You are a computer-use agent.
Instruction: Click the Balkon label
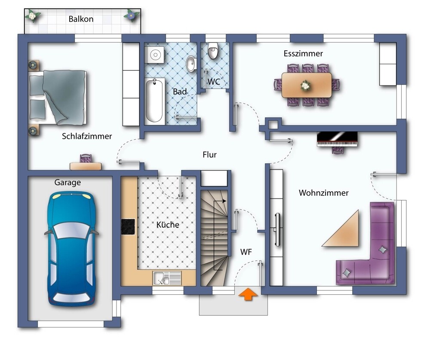coord(81,19)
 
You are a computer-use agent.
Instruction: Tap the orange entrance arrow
coord(248,294)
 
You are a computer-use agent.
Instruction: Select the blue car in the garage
coord(71,248)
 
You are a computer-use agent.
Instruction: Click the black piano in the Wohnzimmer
coord(337,139)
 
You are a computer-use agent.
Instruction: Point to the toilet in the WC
coord(212,50)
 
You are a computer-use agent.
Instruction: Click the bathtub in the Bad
coord(154,101)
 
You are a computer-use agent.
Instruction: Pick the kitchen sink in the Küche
coord(167,278)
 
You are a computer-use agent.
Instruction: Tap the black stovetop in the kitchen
coord(128,226)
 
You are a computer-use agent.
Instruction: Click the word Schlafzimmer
coord(87,136)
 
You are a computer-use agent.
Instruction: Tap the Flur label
coord(209,155)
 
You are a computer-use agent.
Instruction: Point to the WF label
coord(246,252)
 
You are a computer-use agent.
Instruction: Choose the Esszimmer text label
coord(303,53)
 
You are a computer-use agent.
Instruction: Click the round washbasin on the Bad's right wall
coord(191,64)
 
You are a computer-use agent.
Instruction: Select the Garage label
coord(68,183)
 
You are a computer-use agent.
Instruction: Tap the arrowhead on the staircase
coord(224,201)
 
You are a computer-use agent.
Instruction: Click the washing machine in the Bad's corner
coord(155,55)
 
